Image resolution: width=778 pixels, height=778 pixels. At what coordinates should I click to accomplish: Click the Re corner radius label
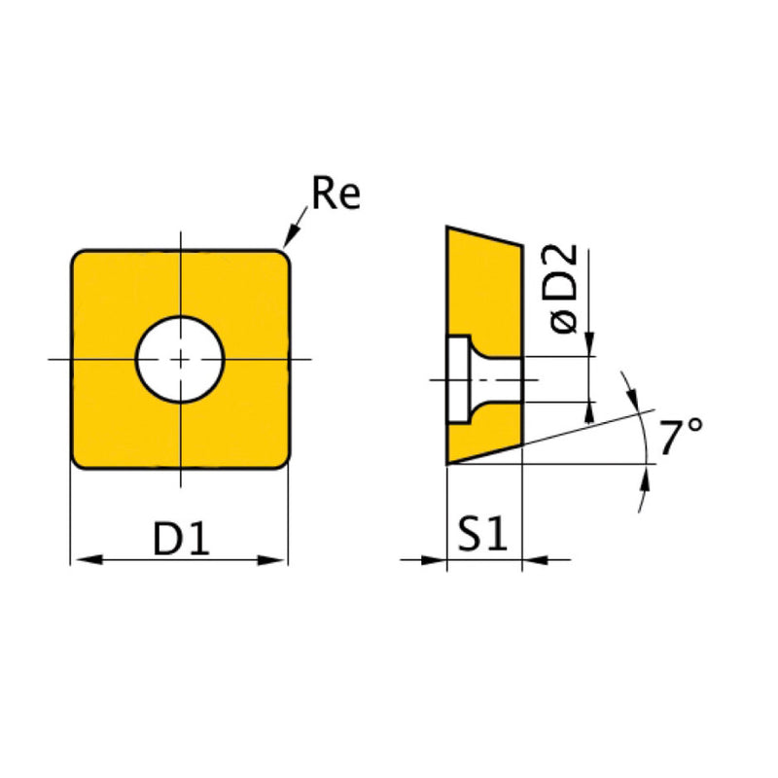336,194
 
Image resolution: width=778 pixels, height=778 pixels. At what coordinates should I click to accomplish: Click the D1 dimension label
182,540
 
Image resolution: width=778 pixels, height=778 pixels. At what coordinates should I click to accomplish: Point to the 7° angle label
681,438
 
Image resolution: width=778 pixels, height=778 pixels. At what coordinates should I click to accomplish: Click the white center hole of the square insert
180,359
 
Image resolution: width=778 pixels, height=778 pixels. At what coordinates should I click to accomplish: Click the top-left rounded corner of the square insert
80,259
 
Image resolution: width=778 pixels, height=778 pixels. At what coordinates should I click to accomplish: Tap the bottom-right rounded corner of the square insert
281,460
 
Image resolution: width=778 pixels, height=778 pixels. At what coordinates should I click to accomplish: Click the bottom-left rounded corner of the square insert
80,460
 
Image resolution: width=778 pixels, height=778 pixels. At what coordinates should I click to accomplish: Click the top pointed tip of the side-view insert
448,229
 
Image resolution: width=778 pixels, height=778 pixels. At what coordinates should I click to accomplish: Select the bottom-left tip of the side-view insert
448,462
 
